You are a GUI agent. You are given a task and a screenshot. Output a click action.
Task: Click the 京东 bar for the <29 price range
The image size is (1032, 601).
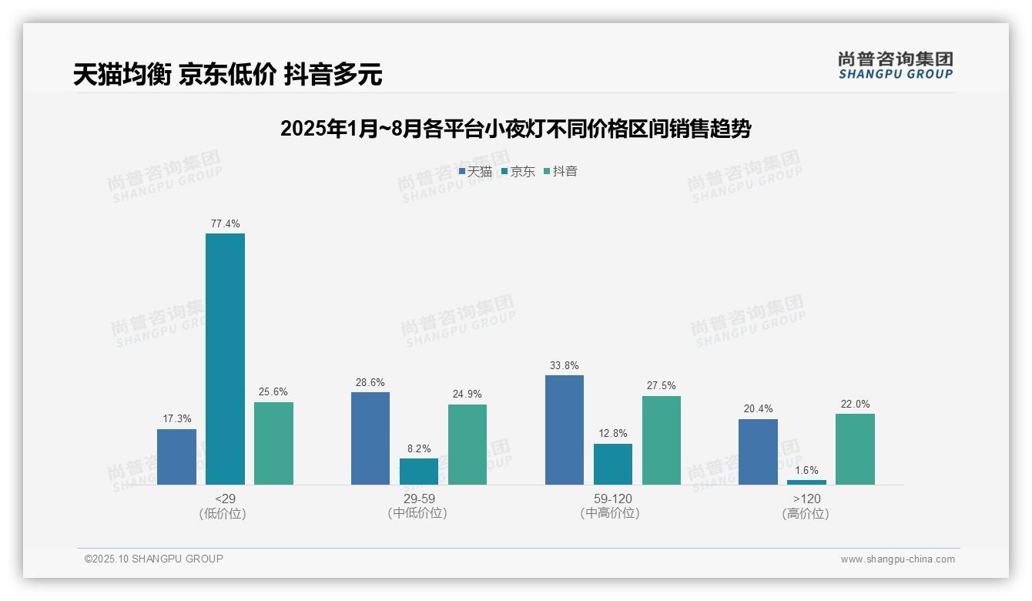pyautogui.click(x=225, y=359)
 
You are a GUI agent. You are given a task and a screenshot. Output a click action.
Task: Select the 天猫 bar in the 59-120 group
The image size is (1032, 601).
pyautogui.click(x=565, y=430)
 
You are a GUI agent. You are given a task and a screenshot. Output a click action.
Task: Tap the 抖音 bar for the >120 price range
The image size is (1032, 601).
pyautogui.click(x=855, y=449)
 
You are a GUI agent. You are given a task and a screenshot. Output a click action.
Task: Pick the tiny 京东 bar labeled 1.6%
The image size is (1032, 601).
pyautogui.click(x=806, y=482)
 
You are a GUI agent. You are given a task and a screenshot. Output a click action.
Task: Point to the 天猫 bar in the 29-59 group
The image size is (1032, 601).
pyautogui.click(x=370, y=438)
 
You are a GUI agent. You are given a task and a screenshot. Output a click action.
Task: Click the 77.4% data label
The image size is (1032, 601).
pyautogui.click(x=225, y=224)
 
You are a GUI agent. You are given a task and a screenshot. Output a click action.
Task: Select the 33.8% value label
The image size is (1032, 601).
pyautogui.click(x=565, y=366)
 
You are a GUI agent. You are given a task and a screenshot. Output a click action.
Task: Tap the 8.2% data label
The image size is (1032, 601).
pyautogui.click(x=419, y=448)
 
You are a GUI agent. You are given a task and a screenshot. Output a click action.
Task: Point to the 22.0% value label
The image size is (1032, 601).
pyautogui.click(x=855, y=405)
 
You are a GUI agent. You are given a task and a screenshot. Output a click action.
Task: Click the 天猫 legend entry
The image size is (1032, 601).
pyautogui.click(x=475, y=172)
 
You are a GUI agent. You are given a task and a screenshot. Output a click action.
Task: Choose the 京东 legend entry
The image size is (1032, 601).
pyautogui.click(x=518, y=172)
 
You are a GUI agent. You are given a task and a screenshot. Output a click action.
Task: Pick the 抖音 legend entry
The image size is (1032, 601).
pyautogui.click(x=561, y=172)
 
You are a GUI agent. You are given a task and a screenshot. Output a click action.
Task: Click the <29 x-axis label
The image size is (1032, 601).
pyautogui.click(x=225, y=499)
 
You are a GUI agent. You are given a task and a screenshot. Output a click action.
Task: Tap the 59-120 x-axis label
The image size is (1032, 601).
pyautogui.click(x=612, y=499)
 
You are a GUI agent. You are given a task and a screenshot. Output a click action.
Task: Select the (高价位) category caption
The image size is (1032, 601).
pyautogui.click(x=806, y=513)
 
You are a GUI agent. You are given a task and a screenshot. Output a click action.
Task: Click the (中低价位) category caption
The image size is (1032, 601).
pyautogui.click(x=418, y=513)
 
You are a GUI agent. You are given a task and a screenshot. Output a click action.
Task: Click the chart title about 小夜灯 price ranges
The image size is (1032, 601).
pyautogui.click(x=515, y=129)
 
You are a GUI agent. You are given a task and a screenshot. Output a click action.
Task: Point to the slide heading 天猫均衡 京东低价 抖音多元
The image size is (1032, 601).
pyautogui.click(x=227, y=75)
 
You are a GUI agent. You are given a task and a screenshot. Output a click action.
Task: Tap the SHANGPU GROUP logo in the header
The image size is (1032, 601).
pyautogui.click(x=895, y=65)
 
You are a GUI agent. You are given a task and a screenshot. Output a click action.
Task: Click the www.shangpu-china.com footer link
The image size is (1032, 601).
pyautogui.click(x=897, y=559)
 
